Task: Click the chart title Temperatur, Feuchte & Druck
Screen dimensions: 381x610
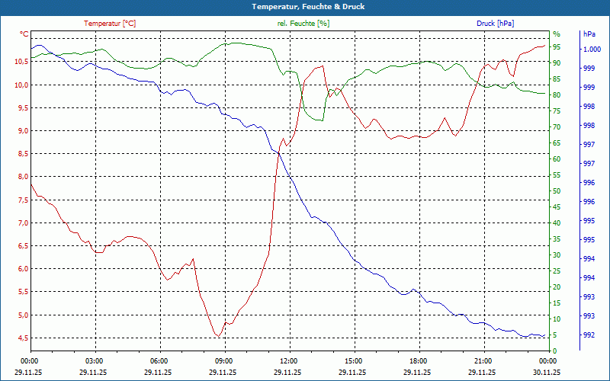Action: [304, 7]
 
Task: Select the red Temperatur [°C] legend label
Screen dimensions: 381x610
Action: [110, 24]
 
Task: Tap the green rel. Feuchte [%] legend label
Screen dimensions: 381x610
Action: [303, 24]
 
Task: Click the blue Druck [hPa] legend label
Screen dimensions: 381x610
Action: [495, 24]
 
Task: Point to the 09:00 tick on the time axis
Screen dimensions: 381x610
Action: [223, 360]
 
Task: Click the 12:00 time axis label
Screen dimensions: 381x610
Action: [288, 360]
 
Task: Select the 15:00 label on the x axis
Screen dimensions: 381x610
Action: [353, 360]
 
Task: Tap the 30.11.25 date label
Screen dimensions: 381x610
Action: [547, 373]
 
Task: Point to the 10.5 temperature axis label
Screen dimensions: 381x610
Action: [20, 62]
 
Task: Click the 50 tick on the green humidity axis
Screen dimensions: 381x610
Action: [557, 191]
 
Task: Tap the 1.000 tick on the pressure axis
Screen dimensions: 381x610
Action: [591, 50]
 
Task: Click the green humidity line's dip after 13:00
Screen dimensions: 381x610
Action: [323, 120]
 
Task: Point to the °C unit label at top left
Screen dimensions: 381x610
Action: [24, 34]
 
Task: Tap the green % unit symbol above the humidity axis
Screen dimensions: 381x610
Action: [557, 34]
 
